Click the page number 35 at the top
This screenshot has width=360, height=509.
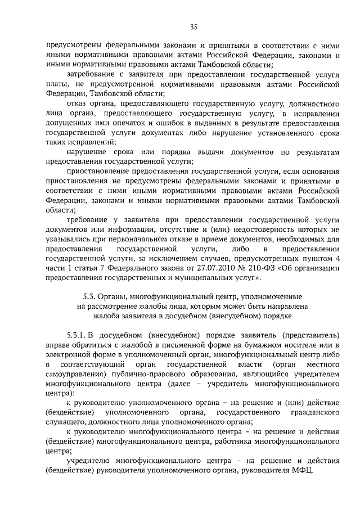click(x=193, y=26)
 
